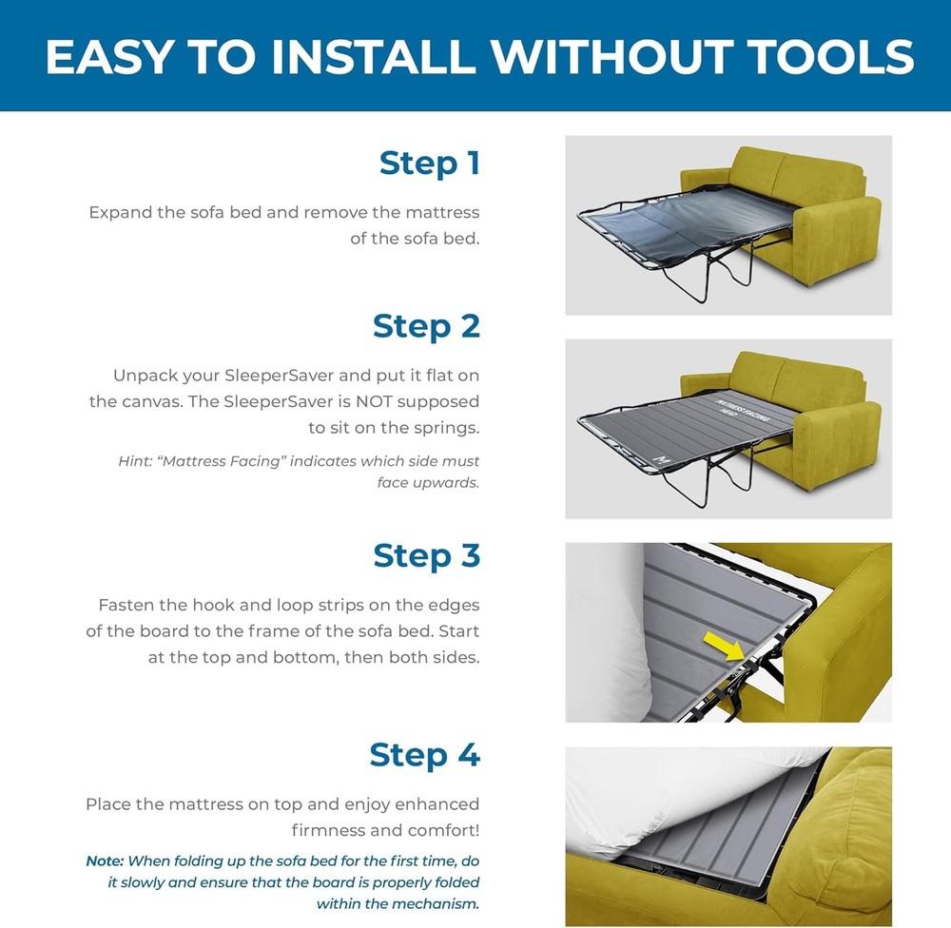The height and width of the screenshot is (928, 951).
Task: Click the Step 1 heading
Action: (x=430, y=164)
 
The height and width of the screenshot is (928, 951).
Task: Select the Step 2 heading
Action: (x=426, y=326)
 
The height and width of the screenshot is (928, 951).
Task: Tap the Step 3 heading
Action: (x=426, y=555)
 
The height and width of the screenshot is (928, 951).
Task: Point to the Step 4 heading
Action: (x=424, y=755)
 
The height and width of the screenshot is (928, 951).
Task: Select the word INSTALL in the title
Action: (x=373, y=56)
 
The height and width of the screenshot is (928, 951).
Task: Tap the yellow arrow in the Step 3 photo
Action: (x=724, y=646)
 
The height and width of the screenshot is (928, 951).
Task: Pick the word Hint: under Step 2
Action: (x=135, y=461)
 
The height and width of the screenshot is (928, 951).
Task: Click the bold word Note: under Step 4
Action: (x=105, y=861)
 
